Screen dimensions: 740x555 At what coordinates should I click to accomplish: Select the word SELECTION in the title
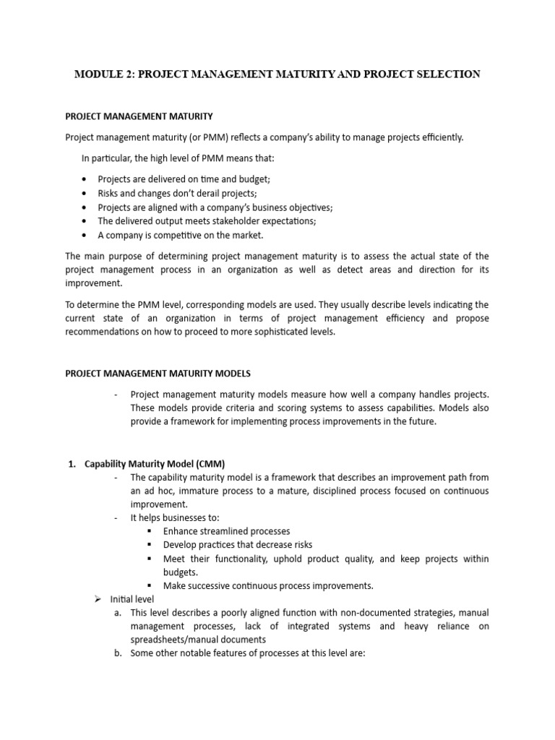tap(443, 74)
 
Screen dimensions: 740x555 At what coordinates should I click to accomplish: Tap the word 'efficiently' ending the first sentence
tap(436, 138)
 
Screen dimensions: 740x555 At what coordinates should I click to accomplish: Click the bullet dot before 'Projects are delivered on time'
tap(85, 179)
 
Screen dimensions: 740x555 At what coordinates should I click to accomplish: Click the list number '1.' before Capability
tap(73, 463)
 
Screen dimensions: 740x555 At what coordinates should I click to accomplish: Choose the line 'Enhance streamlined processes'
tap(226, 531)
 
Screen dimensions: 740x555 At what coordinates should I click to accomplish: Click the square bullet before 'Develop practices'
tap(149, 545)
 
